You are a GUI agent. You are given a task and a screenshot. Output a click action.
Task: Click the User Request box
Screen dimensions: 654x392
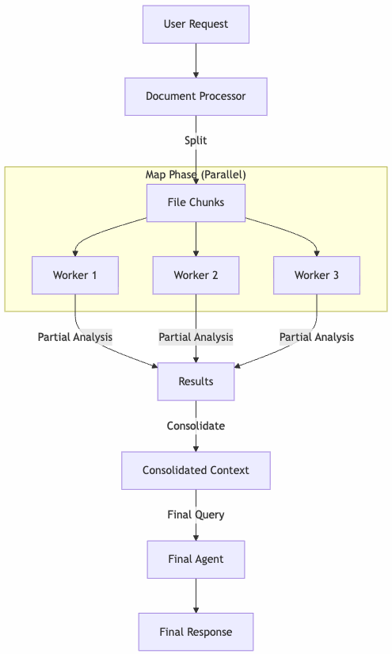[196, 25]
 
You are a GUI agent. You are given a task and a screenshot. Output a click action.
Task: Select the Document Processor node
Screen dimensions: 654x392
[196, 97]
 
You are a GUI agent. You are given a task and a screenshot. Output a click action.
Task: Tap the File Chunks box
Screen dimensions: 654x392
[196, 202]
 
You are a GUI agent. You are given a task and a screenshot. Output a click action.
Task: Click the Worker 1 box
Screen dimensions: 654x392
[75, 275]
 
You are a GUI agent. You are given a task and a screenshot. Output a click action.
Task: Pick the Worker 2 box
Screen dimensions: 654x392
[196, 275]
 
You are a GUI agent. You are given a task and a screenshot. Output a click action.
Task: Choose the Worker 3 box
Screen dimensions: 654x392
[317, 275]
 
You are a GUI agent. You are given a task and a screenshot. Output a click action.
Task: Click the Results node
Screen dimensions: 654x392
[196, 381]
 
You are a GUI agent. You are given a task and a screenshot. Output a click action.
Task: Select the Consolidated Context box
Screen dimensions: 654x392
[196, 470]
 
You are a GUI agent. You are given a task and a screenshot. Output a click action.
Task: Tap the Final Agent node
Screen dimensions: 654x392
[196, 559]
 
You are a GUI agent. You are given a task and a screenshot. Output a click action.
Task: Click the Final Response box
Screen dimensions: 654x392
[196, 632]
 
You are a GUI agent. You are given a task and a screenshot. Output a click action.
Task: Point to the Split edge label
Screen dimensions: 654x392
[196, 140]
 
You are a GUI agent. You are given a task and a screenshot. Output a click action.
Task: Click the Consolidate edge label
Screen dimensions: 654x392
[196, 426]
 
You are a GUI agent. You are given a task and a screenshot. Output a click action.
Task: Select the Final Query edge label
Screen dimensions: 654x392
[196, 514]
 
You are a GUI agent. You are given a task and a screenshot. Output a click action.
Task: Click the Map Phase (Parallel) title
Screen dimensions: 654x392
[196, 174]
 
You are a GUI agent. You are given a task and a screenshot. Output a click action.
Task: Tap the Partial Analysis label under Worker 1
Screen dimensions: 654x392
[75, 337]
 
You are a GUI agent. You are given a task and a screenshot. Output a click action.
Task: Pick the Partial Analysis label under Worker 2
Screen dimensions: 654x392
[196, 337]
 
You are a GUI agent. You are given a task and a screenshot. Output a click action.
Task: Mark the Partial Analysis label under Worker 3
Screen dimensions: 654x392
[317, 337]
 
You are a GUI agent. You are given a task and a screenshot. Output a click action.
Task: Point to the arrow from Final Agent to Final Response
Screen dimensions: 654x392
[196, 595]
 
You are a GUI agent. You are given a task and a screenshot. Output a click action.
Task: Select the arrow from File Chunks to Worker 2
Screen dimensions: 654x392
[196, 239]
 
